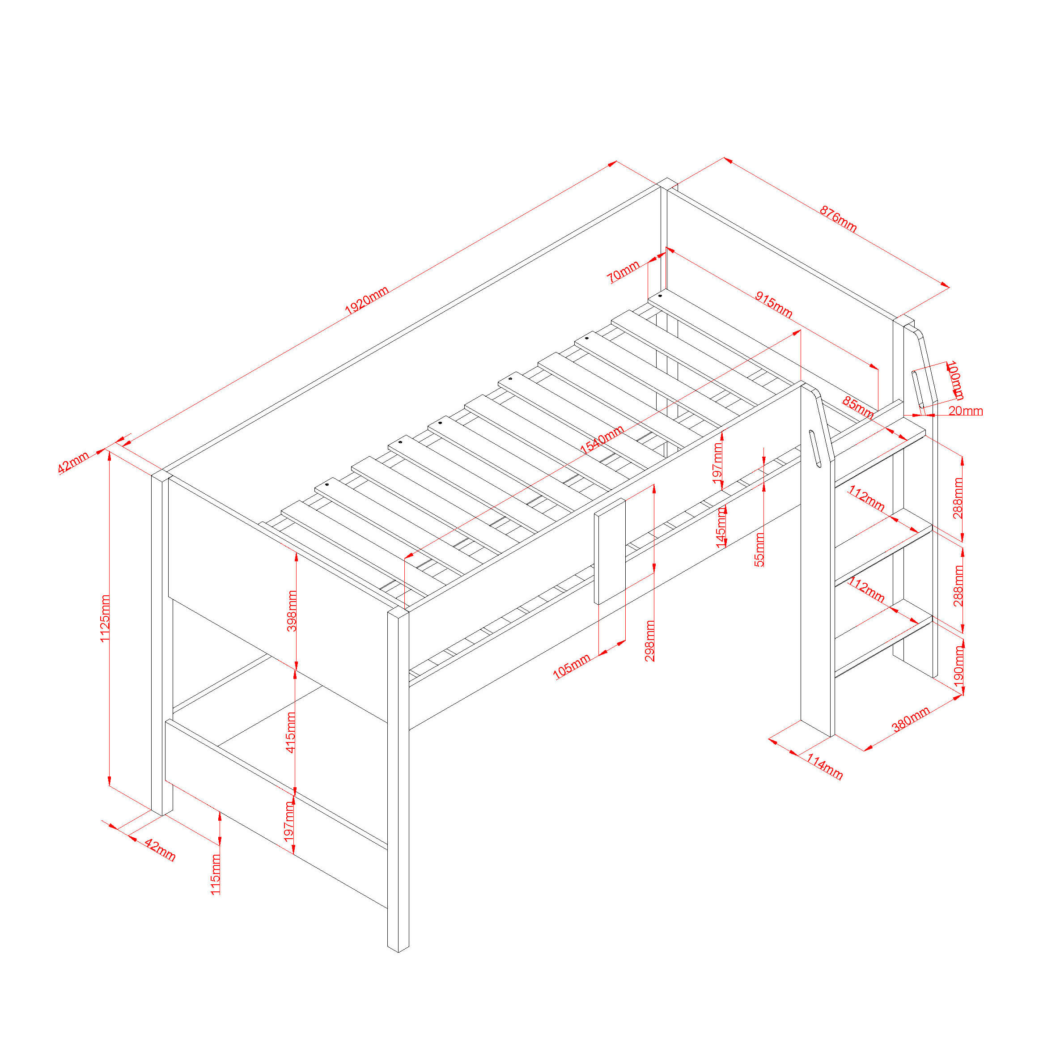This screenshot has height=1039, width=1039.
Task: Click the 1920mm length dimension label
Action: click(x=366, y=301)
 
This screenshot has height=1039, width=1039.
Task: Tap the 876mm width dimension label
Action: click(x=838, y=218)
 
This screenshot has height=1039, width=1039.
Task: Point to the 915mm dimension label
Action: click(x=773, y=305)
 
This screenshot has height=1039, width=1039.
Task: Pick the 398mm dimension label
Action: click(x=292, y=611)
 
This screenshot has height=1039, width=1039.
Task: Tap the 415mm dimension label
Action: click(x=290, y=733)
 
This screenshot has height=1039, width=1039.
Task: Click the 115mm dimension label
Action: click(x=215, y=874)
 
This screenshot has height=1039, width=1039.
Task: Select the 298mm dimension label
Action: click(x=649, y=640)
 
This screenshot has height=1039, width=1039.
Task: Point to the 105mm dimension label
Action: click(x=572, y=666)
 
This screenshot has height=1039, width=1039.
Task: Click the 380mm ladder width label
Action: click(x=911, y=720)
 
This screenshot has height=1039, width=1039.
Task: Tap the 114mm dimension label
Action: click(x=824, y=767)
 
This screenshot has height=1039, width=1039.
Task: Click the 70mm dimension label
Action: click(x=623, y=271)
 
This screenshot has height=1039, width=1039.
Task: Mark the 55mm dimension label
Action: click(x=759, y=549)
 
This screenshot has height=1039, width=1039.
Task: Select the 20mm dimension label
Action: click(x=965, y=411)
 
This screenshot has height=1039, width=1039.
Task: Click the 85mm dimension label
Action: click(x=858, y=407)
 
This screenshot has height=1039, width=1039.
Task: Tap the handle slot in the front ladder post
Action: click(x=815, y=449)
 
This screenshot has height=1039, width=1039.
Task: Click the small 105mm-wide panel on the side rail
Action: click(x=610, y=551)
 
